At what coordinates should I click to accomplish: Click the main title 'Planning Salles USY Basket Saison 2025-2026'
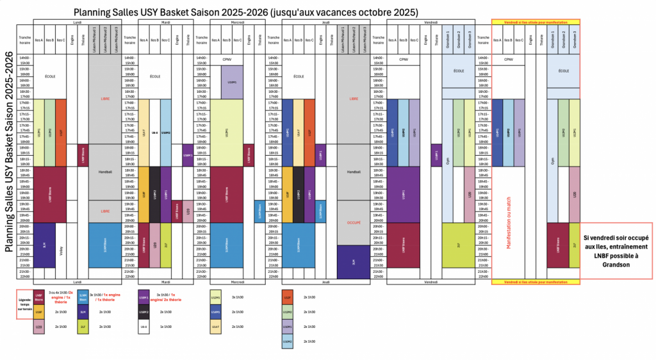pos(246,12)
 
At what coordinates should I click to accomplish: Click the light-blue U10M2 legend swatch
pos(288,341)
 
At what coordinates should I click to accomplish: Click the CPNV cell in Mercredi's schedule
pos(226,60)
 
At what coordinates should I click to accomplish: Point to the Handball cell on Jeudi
pos(354,172)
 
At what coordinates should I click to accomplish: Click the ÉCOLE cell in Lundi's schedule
pos(50,76)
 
